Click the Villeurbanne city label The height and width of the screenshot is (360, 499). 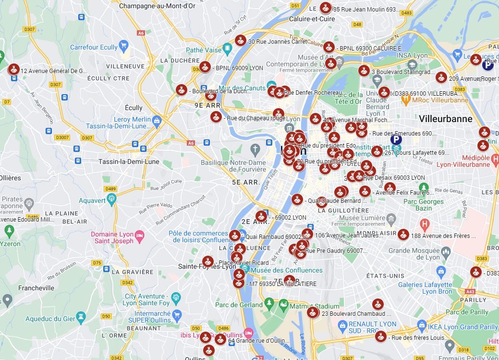[445, 119]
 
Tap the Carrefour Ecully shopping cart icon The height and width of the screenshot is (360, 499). [124, 47]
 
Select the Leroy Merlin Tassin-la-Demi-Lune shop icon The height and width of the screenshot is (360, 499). [156, 120]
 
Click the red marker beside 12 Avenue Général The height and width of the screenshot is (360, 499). [14, 70]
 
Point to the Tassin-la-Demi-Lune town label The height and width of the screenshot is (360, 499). [128, 161]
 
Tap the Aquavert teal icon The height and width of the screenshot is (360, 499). [112, 199]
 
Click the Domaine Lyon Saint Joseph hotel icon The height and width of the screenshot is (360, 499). [139, 235]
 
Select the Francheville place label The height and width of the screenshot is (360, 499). [37, 288]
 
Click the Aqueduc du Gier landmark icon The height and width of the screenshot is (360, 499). [80, 317]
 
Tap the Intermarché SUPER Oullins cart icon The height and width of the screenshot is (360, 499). [177, 315]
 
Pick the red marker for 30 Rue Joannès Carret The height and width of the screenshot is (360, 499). [241, 41]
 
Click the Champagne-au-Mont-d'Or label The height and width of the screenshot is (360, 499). [157, 6]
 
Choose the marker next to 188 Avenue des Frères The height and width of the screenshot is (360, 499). [403, 235]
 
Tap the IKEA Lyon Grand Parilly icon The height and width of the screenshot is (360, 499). [422, 326]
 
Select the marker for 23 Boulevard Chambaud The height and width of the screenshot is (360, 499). [313, 313]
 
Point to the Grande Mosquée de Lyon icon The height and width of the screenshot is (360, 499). [446, 251]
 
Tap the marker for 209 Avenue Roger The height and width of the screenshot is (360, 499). [441, 77]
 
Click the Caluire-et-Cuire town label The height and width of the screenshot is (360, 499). [312, 19]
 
